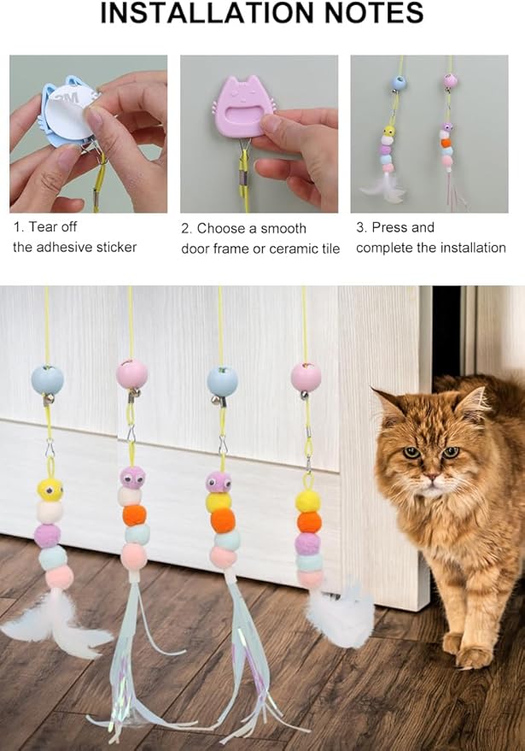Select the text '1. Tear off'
(x=45, y=227)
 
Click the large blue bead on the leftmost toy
(x=48, y=378)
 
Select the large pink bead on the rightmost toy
(x=306, y=377)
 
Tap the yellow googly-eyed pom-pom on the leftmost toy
(x=50, y=490)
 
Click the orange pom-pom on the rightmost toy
(x=309, y=522)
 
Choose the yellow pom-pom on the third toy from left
(x=219, y=502)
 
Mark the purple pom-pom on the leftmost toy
(x=48, y=536)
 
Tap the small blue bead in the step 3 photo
(x=399, y=82)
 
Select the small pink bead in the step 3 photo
(x=450, y=80)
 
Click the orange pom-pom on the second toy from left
(x=134, y=515)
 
